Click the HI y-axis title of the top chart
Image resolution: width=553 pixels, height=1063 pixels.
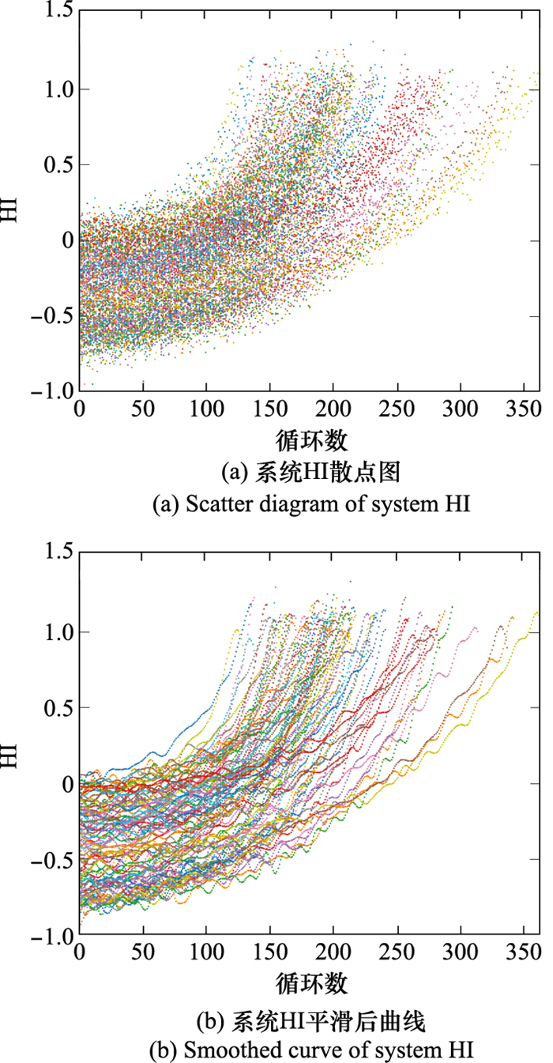pos(11,202)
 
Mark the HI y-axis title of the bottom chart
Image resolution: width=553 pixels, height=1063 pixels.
pos(11,748)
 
